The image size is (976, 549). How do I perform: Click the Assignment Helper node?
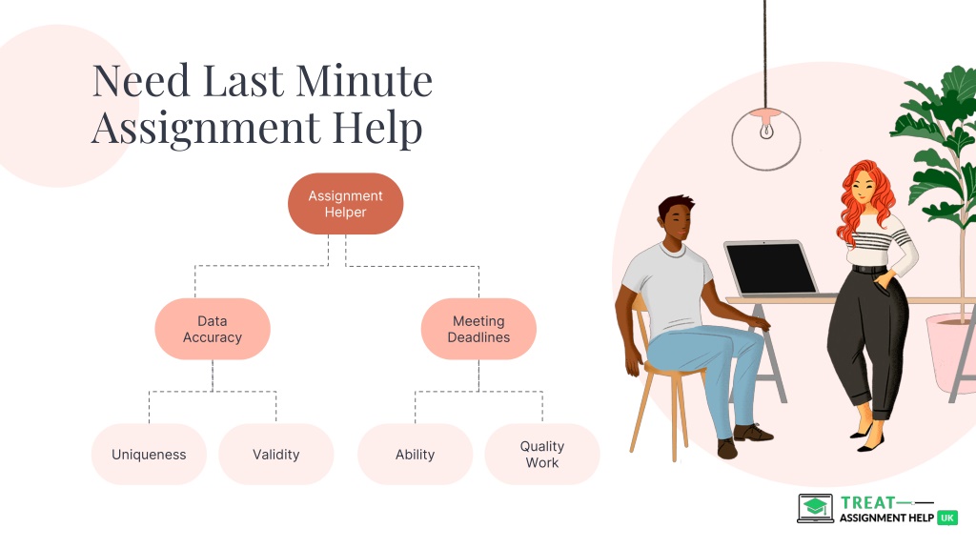(x=345, y=204)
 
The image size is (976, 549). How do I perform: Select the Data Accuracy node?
(x=213, y=329)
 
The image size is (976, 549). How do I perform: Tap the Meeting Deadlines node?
(x=478, y=329)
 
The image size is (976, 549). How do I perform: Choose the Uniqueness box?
(x=149, y=455)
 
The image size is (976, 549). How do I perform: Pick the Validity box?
(x=275, y=455)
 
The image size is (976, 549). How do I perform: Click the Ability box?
(x=416, y=455)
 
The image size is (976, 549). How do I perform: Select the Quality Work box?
(x=542, y=455)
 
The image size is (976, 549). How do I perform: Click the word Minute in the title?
(x=363, y=81)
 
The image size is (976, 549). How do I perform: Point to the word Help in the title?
(x=377, y=128)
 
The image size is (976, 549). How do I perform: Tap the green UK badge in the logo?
(x=947, y=518)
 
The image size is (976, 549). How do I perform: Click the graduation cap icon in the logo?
(x=816, y=505)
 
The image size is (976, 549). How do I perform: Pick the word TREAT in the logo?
(x=867, y=502)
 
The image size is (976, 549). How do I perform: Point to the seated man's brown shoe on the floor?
(x=753, y=432)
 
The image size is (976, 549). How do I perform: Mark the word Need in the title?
(x=141, y=81)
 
